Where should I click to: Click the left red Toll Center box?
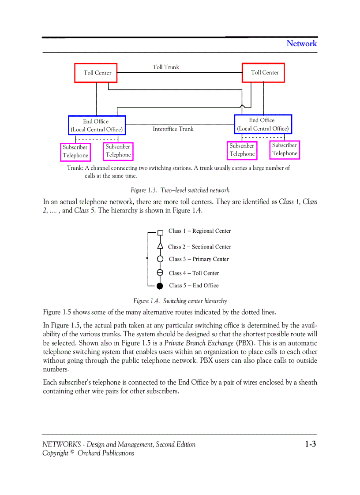point(95,73)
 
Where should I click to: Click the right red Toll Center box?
point(263,72)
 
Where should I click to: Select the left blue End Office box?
point(97,125)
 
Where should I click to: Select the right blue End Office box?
point(263,124)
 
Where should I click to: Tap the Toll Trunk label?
point(166,67)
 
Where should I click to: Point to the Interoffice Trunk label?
point(173,129)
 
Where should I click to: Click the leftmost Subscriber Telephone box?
point(75,152)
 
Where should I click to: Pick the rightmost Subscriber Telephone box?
point(285,149)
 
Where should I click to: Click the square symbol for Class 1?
point(160,232)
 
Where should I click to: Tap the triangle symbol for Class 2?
point(160,246)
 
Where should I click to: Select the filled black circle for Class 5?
point(160,286)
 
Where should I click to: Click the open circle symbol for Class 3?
point(160,259)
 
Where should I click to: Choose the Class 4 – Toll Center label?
point(194,273)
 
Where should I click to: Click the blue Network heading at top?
point(301,43)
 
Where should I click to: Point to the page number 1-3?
point(310,444)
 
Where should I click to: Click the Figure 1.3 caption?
point(180,190)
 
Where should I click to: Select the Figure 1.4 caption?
point(180,301)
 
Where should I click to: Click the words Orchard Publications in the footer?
point(106,453)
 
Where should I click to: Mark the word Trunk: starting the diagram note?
point(75,168)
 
